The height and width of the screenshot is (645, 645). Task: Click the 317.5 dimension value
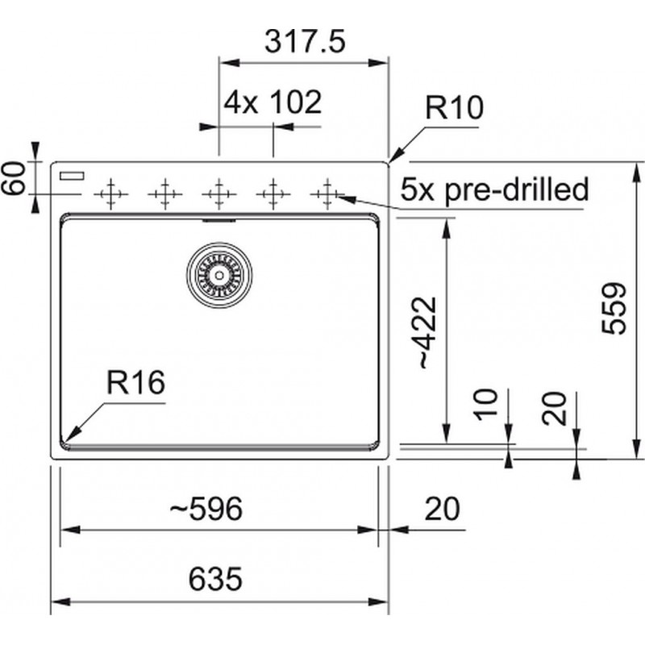(305, 42)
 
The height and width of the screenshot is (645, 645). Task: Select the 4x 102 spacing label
(273, 102)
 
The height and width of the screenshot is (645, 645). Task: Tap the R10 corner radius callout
(454, 107)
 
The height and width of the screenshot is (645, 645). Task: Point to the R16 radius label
(135, 382)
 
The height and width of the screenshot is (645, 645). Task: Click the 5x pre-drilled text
(494, 189)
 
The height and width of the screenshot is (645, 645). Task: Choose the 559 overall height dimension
(614, 308)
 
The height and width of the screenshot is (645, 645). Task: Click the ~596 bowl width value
(206, 509)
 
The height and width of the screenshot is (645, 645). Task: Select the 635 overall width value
(215, 578)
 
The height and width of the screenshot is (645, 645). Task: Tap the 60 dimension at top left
(13, 178)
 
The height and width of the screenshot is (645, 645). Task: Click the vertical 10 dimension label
(485, 405)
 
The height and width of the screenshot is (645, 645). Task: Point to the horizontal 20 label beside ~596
(442, 509)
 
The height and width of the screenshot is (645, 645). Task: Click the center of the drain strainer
(219, 275)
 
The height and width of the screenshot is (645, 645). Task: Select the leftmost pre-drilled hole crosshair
(110, 193)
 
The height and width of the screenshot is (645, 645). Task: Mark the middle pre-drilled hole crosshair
(218, 193)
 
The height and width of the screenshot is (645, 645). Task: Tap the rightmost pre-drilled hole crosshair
(327, 193)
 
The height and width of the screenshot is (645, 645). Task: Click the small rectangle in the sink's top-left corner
(72, 176)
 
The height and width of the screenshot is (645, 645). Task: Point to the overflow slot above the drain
(218, 220)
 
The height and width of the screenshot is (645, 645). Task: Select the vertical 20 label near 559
(554, 408)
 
